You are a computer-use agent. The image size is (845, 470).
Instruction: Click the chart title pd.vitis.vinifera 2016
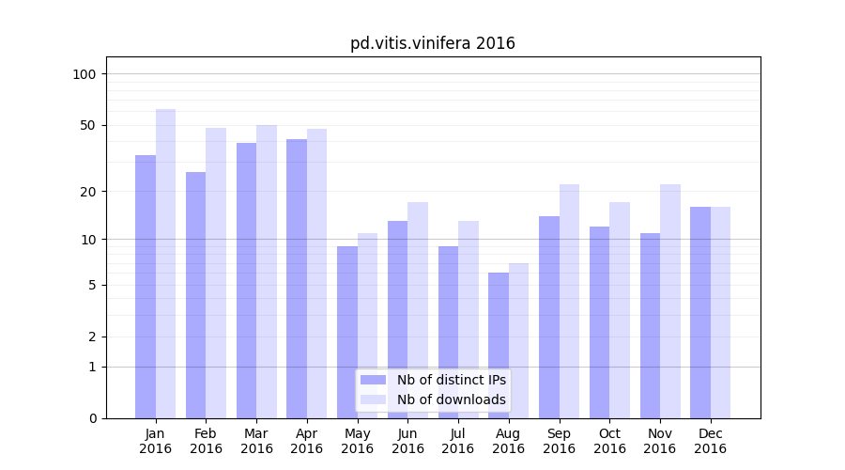pos(433,43)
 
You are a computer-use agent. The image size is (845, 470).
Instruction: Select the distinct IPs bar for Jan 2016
pos(146,287)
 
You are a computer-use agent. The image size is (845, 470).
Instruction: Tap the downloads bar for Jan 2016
pos(165,263)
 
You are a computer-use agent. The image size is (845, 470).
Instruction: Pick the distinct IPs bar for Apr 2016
pos(297,278)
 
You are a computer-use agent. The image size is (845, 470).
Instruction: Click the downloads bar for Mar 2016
pos(267,272)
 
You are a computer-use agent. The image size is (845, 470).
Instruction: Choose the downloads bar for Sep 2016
pos(569,301)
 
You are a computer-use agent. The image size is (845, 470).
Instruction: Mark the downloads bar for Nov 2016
pos(670,301)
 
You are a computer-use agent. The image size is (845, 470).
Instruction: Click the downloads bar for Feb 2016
pos(216,273)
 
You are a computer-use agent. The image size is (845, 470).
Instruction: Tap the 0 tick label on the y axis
pos(91,418)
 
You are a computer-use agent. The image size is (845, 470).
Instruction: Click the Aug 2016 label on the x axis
pos(509,441)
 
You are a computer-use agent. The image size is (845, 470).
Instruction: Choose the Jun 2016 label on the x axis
pos(407,441)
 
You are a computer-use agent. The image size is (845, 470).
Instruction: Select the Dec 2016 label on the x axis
pos(711,441)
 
